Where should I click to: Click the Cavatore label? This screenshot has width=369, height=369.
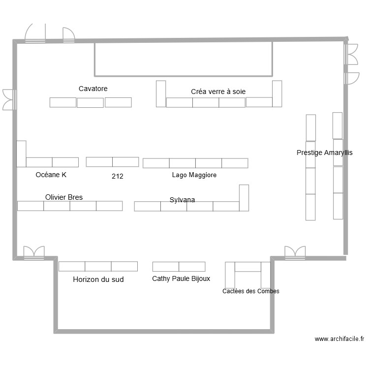click(x=93, y=89)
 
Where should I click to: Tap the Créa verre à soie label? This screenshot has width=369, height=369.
click(x=218, y=92)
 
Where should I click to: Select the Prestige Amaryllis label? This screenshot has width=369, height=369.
click(x=324, y=153)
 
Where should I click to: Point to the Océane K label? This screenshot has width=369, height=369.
click(x=51, y=175)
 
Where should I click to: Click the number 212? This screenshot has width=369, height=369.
click(x=118, y=176)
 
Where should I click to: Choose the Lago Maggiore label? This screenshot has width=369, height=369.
click(x=194, y=175)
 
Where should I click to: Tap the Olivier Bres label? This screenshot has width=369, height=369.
click(x=64, y=197)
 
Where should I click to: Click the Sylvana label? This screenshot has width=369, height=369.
click(x=182, y=200)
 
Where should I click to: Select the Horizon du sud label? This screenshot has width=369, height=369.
click(x=98, y=279)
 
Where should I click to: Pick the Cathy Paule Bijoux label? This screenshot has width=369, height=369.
click(x=181, y=278)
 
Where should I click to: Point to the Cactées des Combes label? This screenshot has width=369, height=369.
click(x=250, y=291)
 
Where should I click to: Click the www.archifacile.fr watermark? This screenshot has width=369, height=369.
click(x=339, y=339)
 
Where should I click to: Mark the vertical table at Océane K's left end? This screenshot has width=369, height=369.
click(x=21, y=154)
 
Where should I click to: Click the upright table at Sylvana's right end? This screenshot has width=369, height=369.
click(x=244, y=198)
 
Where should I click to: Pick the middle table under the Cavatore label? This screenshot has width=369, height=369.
click(x=90, y=103)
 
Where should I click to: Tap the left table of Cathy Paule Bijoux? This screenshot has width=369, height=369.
click(x=165, y=267)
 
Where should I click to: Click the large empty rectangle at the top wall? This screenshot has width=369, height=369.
click(x=183, y=59)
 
